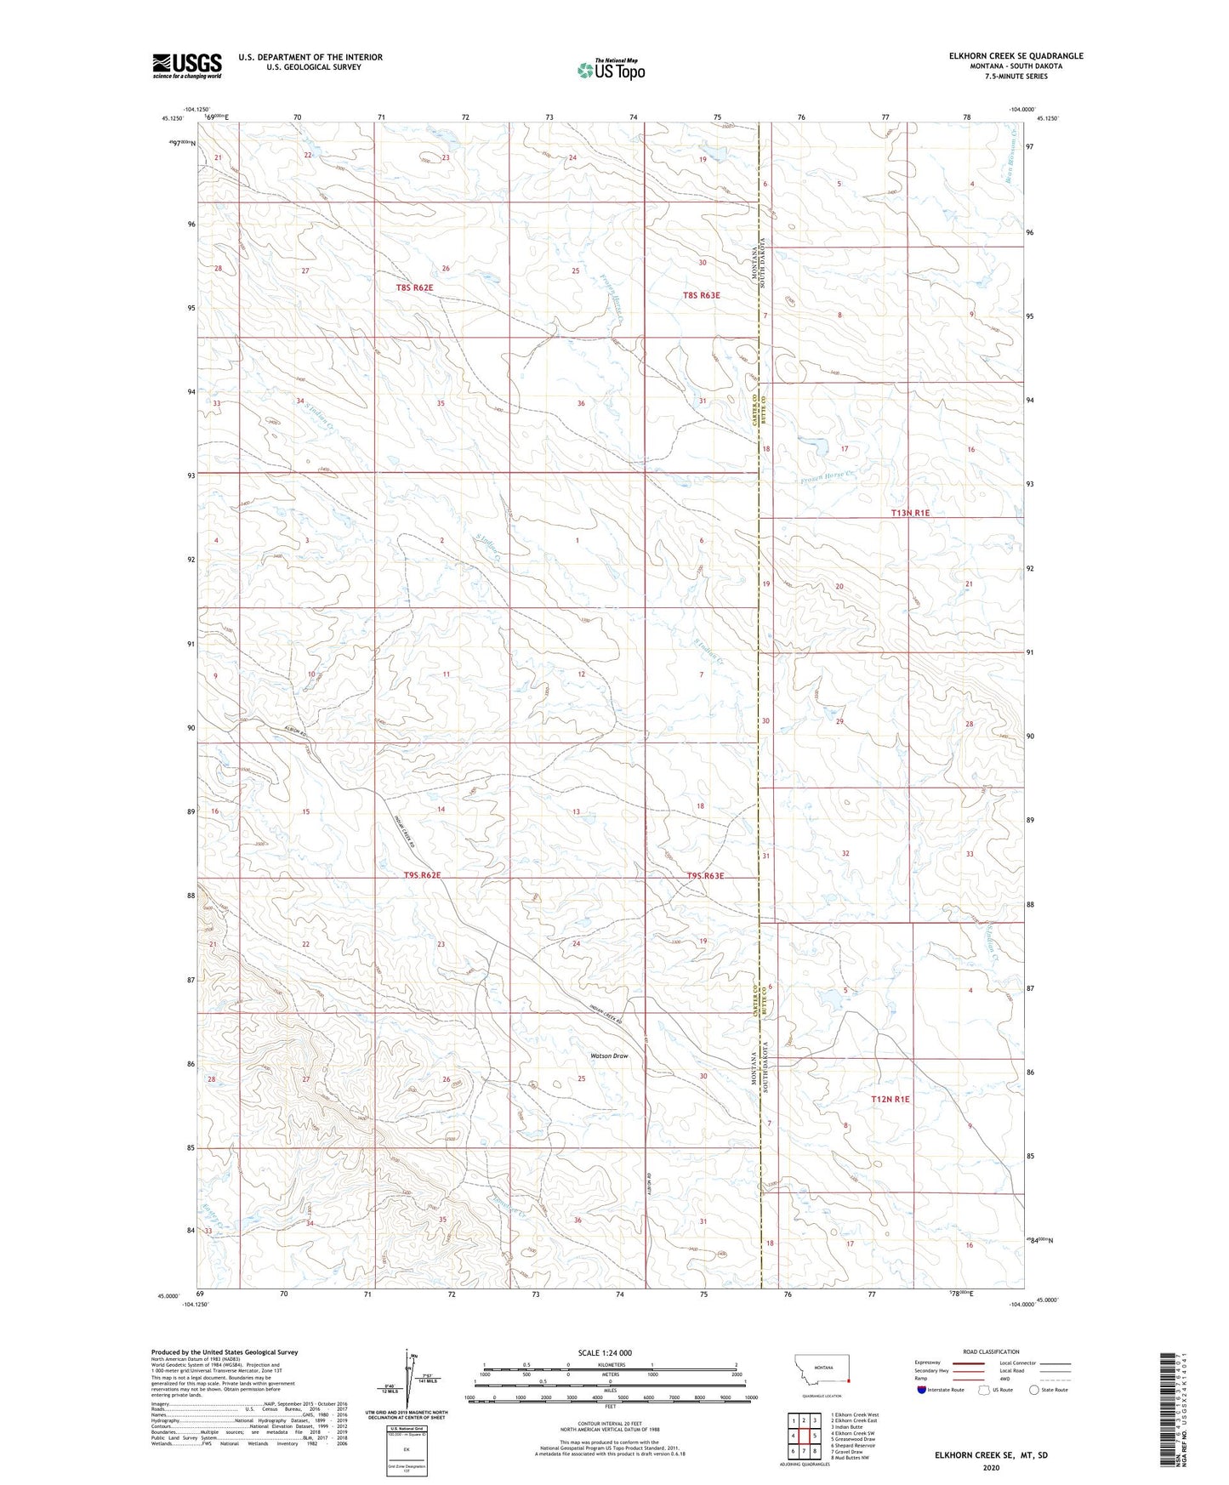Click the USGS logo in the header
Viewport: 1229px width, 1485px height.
pos(187,65)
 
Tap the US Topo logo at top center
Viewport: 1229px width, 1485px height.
pos(609,70)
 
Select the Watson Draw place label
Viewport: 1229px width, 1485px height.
pos(609,1056)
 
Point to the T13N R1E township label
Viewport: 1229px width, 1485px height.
pos(910,513)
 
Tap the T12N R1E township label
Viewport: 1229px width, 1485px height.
pos(890,1100)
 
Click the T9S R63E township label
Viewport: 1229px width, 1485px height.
pos(705,876)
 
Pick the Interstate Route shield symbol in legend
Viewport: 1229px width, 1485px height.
pos(923,1390)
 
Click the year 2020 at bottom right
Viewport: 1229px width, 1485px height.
pos(991,1467)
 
